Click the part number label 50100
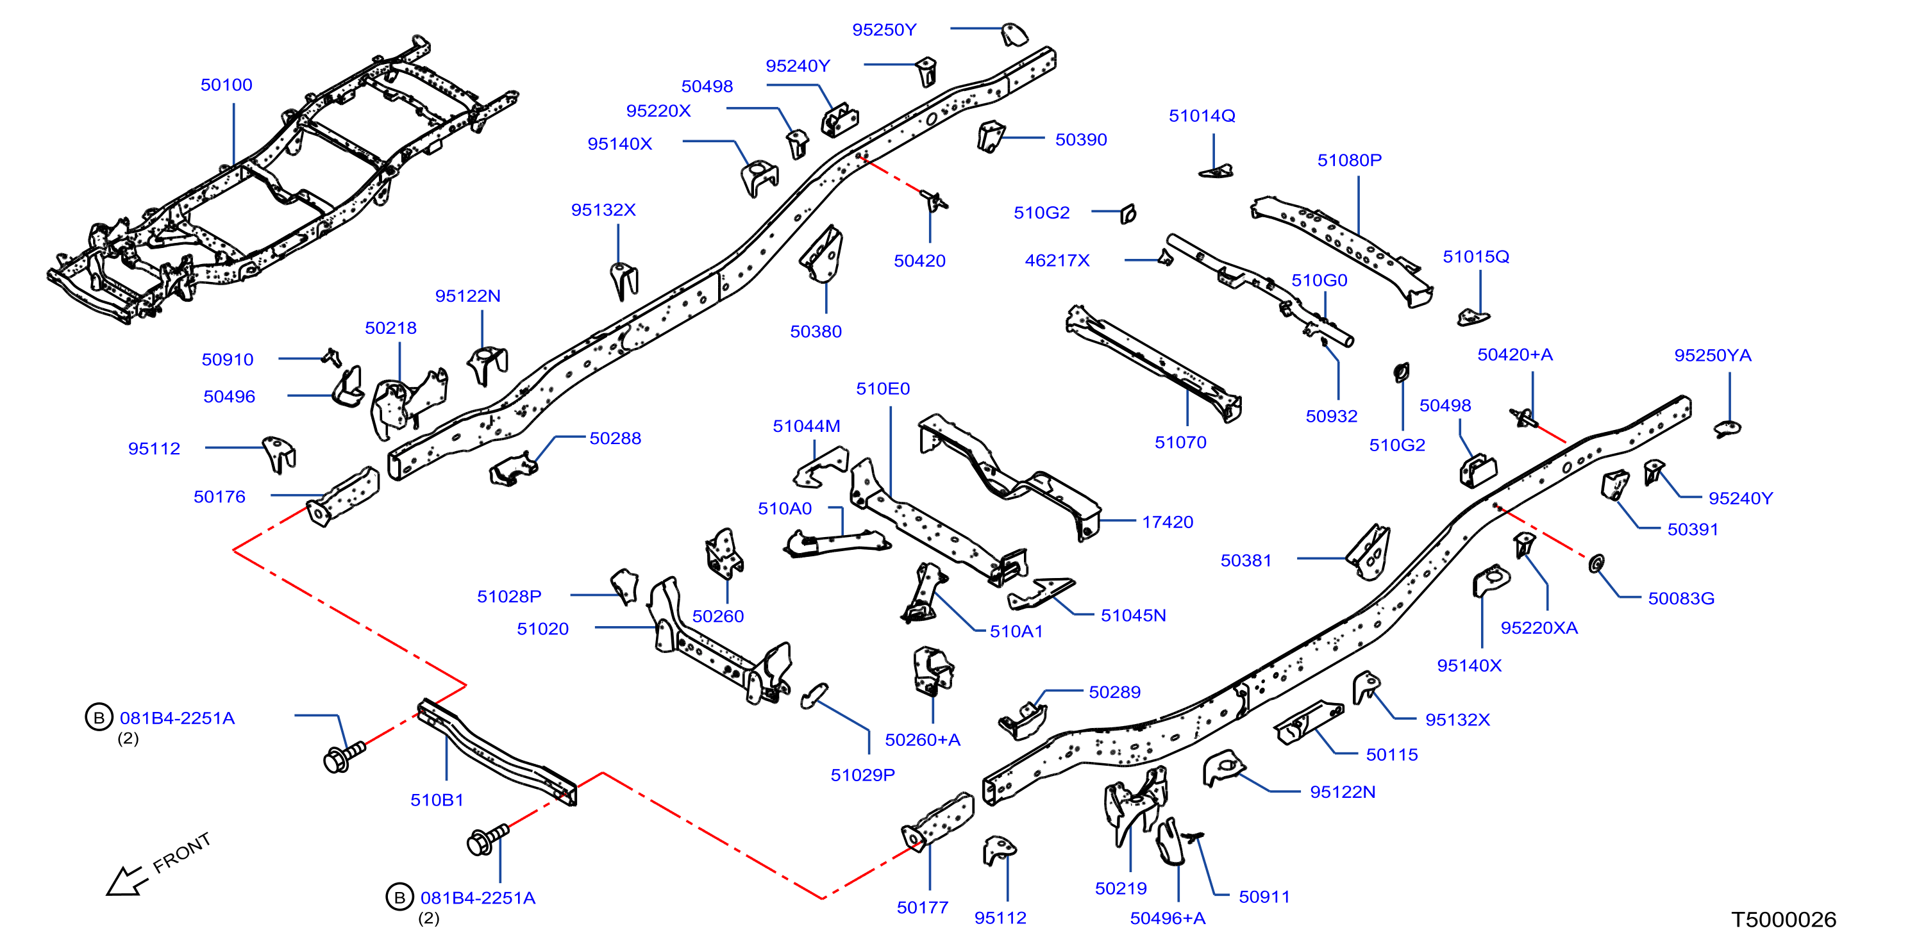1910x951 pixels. [226, 85]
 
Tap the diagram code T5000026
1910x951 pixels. [1783, 920]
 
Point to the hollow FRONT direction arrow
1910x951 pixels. [124, 881]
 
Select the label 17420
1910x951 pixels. [1167, 522]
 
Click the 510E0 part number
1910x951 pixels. [882, 388]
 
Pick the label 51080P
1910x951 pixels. [1350, 160]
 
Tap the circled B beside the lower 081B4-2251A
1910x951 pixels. [399, 897]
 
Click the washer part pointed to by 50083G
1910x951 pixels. [1596, 563]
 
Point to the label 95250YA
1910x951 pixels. [1713, 355]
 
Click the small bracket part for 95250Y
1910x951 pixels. [1014, 34]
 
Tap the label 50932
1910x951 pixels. [1331, 417]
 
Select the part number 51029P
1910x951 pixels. [862, 775]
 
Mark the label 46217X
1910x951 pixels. [1057, 260]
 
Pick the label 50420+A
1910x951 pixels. [1515, 354]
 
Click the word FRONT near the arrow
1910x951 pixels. [181, 852]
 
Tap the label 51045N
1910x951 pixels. [1133, 615]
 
